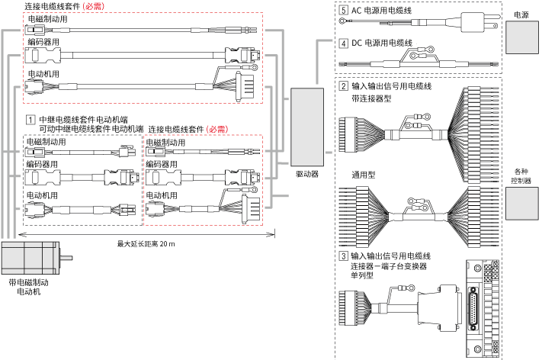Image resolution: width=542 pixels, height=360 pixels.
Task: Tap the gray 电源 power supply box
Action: click(x=521, y=37)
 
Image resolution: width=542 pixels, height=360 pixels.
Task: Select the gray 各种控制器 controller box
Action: click(x=521, y=203)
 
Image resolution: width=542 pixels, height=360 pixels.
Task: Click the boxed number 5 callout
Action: click(x=344, y=11)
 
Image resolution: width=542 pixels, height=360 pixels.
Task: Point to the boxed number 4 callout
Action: click(x=344, y=43)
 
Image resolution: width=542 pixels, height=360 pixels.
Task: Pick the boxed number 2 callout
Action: click(x=344, y=85)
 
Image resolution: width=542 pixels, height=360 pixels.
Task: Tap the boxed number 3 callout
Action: click(x=344, y=256)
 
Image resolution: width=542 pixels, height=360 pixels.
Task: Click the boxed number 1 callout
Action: click(x=30, y=119)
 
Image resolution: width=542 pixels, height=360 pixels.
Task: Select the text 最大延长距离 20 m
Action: click(x=146, y=244)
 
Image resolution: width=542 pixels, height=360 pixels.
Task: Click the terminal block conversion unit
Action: click(x=485, y=309)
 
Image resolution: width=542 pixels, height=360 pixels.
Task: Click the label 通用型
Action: click(x=364, y=174)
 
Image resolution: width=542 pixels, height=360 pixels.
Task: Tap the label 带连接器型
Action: click(x=372, y=98)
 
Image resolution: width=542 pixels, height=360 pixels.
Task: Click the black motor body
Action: click(x=27, y=259)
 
